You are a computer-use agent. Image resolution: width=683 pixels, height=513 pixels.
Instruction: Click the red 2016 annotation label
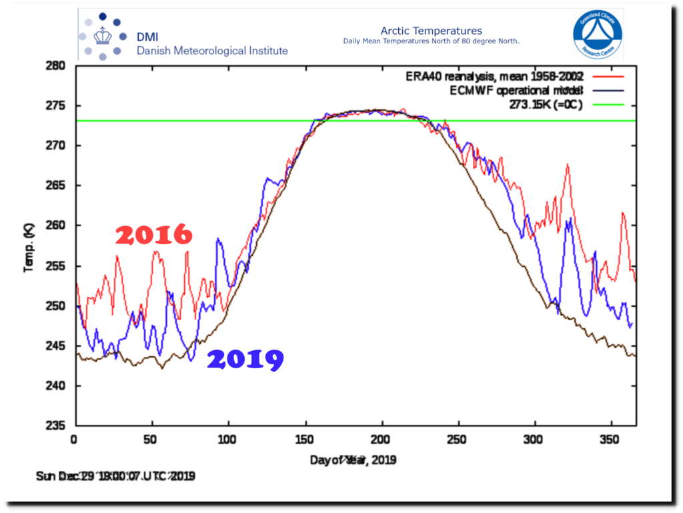pyautogui.click(x=154, y=235)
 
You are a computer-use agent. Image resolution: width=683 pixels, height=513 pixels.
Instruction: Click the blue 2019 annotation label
pyautogui.click(x=245, y=360)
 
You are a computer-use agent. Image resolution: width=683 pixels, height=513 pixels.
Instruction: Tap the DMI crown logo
pyautogui.click(x=102, y=35)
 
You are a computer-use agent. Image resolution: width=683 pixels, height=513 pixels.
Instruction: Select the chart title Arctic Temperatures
pyautogui.click(x=431, y=31)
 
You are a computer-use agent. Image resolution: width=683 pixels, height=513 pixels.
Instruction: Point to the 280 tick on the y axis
pyautogui.click(x=55, y=66)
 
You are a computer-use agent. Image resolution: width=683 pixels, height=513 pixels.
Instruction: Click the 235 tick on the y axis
pyautogui.click(x=55, y=426)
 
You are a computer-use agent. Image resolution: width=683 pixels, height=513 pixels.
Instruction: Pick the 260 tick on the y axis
pyautogui.click(x=55, y=226)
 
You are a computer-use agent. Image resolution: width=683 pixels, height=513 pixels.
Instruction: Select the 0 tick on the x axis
pyautogui.click(x=74, y=440)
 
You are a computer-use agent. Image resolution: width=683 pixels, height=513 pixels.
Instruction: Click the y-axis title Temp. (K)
pyautogui.click(x=28, y=247)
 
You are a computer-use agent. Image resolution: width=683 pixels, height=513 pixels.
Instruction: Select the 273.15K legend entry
pyautogui.click(x=543, y=105)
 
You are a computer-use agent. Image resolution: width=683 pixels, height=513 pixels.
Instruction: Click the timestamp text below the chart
pyautogui.click(x=115, y=476)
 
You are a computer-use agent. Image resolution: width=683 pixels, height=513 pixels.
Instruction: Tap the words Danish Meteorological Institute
pyautogui.click(x=212, y=51)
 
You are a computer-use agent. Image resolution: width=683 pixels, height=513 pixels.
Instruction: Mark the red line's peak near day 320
pyautogui.click(x=568, y=164)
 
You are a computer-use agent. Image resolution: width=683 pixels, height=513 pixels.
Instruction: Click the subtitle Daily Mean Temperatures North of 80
pyautogui.click(x=431, y=41)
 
